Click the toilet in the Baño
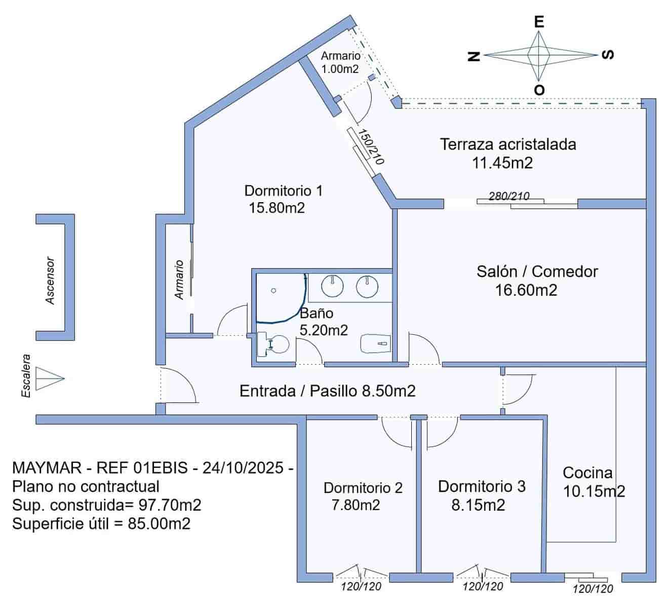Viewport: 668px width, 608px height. (273, 345)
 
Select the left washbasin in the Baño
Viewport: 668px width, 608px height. (332, 287)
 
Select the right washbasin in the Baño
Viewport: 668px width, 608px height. (367, 287)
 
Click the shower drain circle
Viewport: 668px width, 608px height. (273, 290)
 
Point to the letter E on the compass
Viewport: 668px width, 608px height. (539, 22)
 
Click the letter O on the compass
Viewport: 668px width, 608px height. (539, 90)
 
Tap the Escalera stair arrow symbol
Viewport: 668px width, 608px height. (51, 378)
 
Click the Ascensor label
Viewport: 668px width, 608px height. (50, 281)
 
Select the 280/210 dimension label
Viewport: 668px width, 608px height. (509, 196)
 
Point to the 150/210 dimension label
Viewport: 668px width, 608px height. (371, 146)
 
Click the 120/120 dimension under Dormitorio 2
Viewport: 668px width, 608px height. (361, 587)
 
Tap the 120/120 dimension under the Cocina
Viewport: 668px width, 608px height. (593, 589)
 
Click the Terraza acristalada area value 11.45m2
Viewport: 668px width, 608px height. (502, 163)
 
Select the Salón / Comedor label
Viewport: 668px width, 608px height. (537, 272)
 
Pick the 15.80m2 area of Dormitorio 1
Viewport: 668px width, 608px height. (277, 208)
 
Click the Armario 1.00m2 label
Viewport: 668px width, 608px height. (340, 62)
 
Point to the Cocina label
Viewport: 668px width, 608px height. (587, 473)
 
